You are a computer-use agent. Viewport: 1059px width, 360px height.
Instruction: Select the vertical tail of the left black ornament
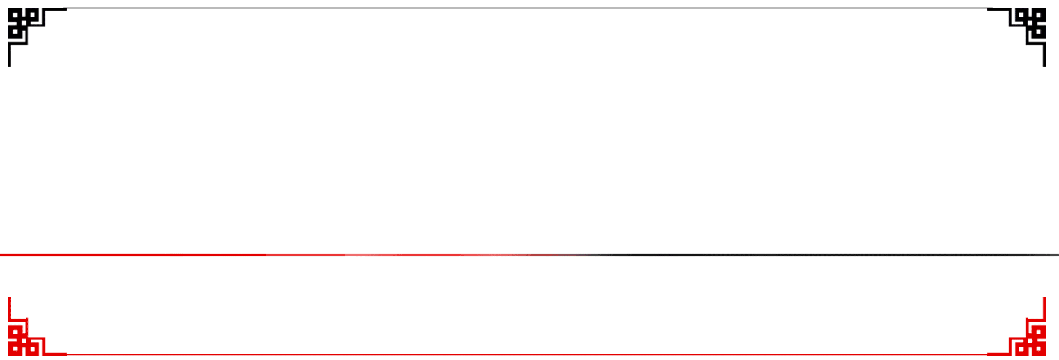pyautogui.click(x=9, y=56)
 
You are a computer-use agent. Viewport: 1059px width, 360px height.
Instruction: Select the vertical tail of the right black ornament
pyautogui.click(x=1044, y=56)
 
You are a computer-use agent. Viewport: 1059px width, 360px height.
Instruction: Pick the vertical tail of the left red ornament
pyautogui.click(x=9, y=308)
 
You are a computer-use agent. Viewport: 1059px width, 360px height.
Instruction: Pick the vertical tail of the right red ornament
pyautogui.click(x=1044, y=308)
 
